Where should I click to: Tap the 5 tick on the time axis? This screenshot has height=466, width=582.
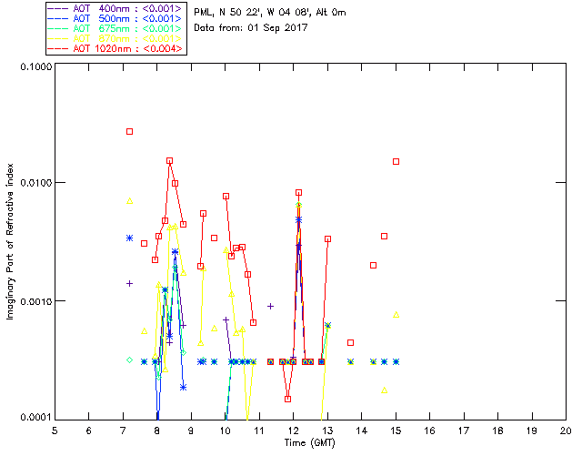coord(55,431)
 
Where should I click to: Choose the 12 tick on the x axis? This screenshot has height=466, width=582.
coord(293,431)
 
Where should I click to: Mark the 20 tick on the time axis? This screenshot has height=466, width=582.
coord(566,431)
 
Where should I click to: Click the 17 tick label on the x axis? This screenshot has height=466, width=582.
coord(464,431)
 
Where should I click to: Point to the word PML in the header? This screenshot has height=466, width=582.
coord(206,12)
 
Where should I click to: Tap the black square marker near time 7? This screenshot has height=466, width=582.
coord(129,132)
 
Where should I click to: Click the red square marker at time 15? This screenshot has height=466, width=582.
coord(396,161)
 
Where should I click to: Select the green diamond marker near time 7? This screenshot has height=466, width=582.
coord(129,360)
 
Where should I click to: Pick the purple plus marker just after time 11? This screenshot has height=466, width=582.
coord(270,306)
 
